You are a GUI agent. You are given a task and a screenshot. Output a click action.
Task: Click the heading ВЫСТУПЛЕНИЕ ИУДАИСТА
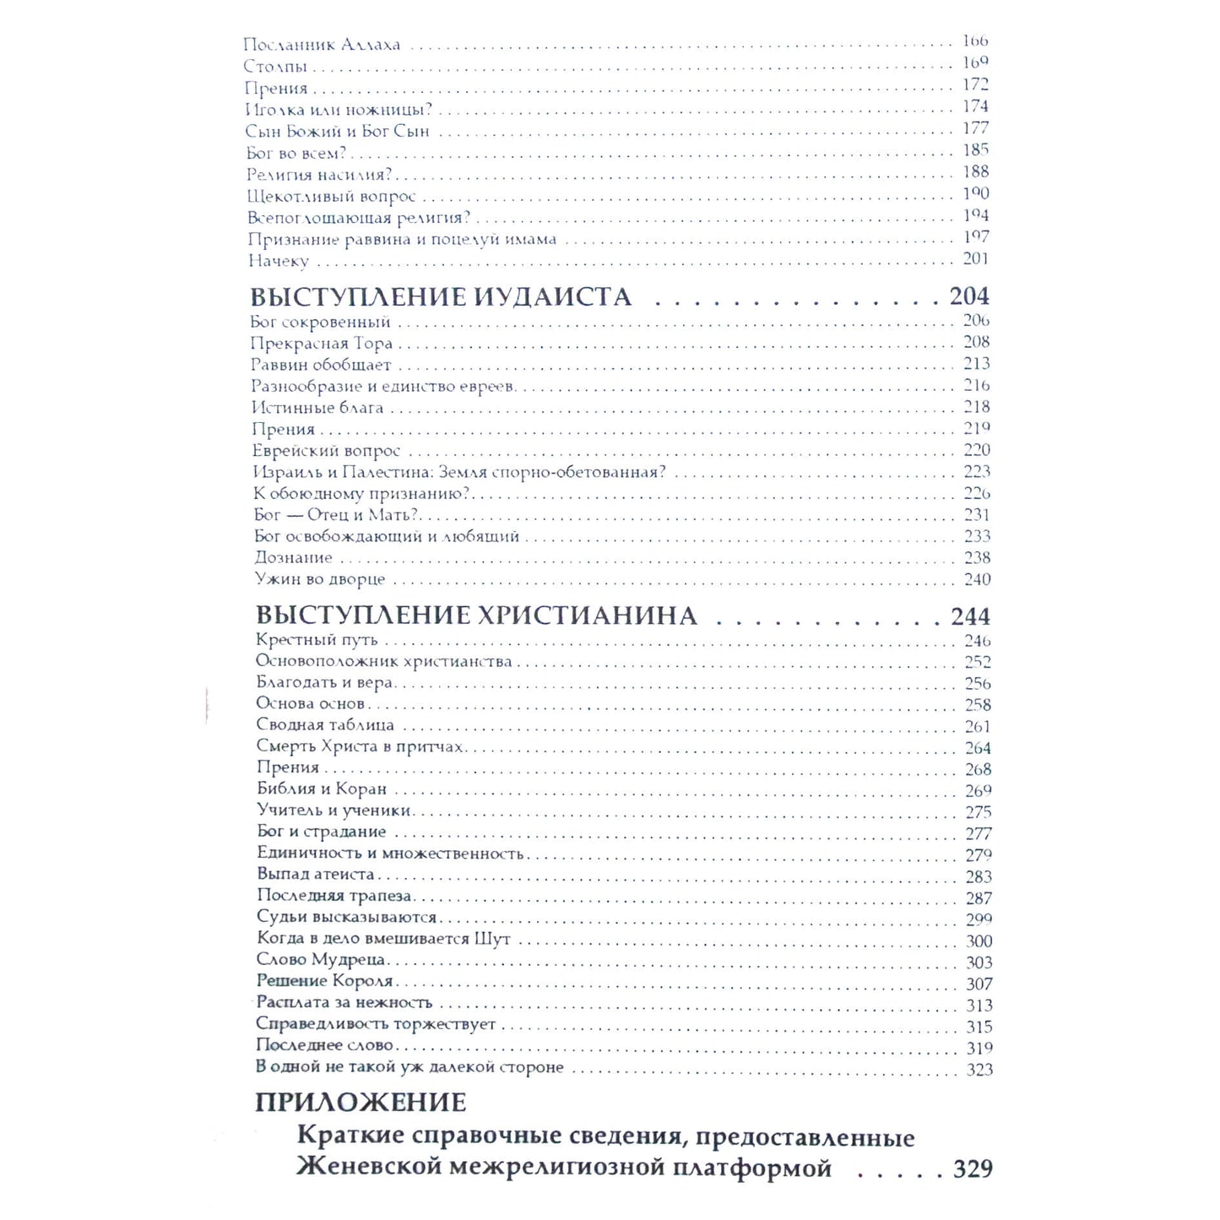click(x=441, y=297)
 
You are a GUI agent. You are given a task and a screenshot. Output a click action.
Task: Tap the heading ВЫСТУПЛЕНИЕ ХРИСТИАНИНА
click(x=476, y=616)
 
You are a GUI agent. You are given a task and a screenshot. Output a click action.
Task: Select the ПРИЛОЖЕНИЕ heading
click(x=361, y=1103)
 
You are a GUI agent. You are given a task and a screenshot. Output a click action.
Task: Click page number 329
click(x=973, y=1168)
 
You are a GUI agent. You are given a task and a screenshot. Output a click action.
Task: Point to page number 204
click(x=969, y=296)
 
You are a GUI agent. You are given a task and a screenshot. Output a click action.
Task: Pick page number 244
click(x=970, y=616)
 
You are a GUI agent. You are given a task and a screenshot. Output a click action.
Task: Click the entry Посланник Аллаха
click(x=322, y=45)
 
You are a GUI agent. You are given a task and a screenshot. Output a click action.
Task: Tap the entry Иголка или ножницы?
click(x=339, y=110)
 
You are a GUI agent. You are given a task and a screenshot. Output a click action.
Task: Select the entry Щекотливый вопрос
click(x=332, y=197)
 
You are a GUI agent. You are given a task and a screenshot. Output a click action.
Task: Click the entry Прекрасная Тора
click(x=322, y=344)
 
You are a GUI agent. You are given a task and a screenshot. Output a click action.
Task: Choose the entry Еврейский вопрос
click(x=326, y=451)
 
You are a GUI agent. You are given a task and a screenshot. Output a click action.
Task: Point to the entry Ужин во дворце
click(x=320, y=579)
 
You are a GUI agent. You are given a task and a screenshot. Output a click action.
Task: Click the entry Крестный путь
click(x=317, y=640)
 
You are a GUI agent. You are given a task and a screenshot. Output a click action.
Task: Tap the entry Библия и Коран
click(x=322, y=789)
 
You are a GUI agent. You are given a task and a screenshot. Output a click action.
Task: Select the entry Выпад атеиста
click(x=316, y=875)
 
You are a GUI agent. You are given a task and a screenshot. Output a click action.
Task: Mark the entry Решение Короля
click(x=325, y=981)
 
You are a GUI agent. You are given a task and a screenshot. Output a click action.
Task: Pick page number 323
click(x=979, y=1070)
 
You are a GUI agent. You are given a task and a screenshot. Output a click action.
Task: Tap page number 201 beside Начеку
click(x=976, y=259)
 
